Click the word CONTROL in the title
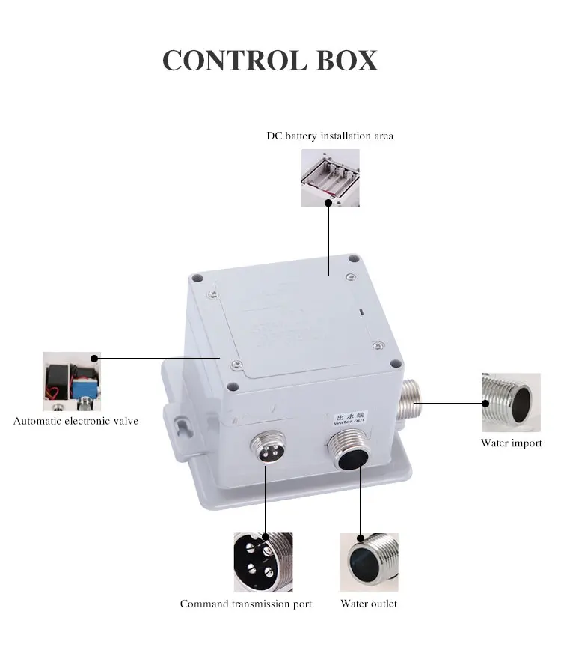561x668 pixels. (235, 61)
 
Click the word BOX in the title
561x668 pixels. (347, 61)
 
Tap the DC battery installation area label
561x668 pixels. (330, 136)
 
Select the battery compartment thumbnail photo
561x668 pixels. (331, 177)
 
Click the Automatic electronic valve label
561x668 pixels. (76, 421)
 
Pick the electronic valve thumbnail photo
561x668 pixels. (72, 381)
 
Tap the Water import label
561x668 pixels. (511, 443)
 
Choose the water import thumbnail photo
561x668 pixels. (511, 403)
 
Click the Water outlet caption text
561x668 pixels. (369, 604)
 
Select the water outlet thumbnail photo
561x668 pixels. (369, 562)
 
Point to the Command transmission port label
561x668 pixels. (245, 604)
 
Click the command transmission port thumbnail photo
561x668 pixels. (263, 562)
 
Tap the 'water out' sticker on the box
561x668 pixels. (349, 419)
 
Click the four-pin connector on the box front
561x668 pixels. (266, 448)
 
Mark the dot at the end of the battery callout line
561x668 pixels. (328, 203)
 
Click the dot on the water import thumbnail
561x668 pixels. (485, 403)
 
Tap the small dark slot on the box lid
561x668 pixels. (361, 312)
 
